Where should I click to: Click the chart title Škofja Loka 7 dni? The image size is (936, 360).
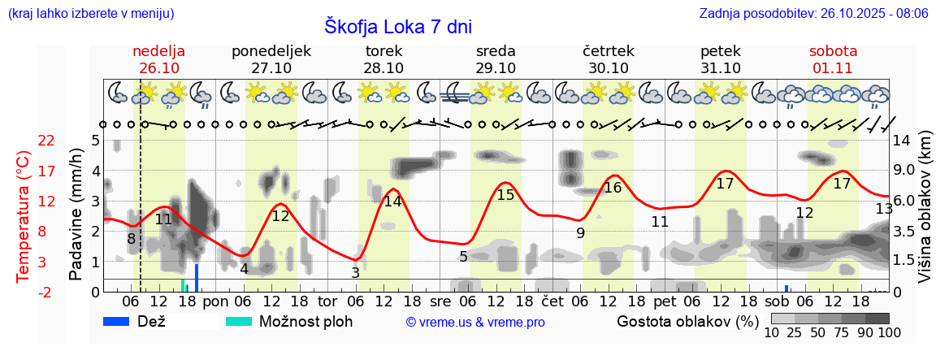click(x=397, y=26)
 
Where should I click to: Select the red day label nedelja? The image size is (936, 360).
click(x=159, y=51)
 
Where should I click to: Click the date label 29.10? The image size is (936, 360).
click(x=496, y=68)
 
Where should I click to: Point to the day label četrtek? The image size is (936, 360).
click(x=609, y=51)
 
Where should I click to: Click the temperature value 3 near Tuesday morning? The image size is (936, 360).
click(x=355, y=273)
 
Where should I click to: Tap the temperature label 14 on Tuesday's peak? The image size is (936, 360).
click(x=393, y=202)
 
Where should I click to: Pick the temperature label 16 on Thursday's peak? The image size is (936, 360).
click(x=613, y=188)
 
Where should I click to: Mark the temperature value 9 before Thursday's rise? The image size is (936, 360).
click(x=580, y=233)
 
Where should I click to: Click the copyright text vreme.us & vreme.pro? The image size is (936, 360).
click(x=475, y=322)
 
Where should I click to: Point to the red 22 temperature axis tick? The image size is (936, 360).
click(x=46, y=141)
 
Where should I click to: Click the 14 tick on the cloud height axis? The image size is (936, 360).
click(x=902, y=141)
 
